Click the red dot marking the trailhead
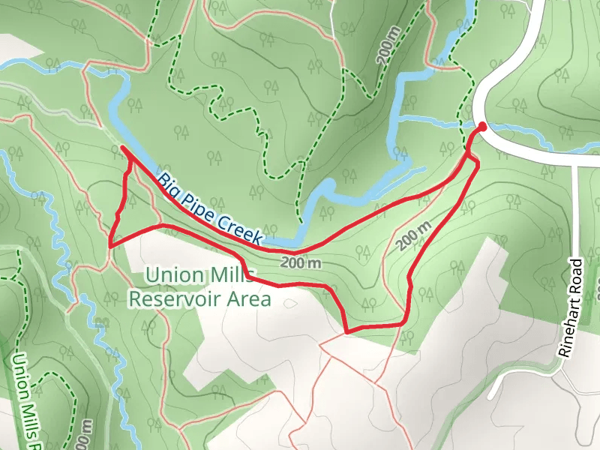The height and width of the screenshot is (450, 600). [481, 127]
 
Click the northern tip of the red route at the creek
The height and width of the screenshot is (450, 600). [122, 148]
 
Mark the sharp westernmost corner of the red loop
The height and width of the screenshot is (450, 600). [110, 244]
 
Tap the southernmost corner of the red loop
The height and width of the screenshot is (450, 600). [346, 331]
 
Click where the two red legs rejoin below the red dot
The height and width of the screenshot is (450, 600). [468, 155]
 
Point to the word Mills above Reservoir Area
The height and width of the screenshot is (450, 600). [232, 274]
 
